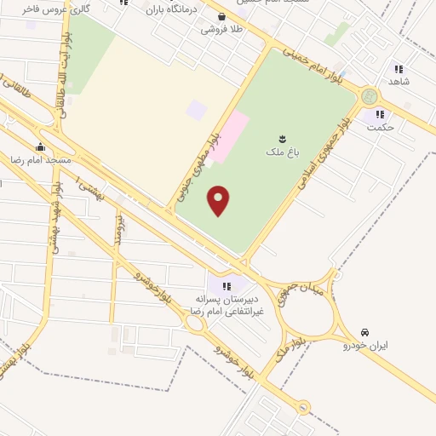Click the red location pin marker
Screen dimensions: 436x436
[x=219, y=200]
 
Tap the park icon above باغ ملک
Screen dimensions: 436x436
[x=283, y=139]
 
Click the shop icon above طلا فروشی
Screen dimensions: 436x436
[x=221, y=15]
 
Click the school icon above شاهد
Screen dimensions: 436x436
[x=399, y=69]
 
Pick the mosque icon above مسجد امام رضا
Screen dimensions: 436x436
[x=40, y=146]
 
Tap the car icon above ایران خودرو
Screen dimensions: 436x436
[x=365, y=332]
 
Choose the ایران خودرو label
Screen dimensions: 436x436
[x=365, y=346]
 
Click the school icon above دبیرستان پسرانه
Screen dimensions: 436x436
[x=227, y=285]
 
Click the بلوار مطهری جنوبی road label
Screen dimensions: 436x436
[x=198, y=166]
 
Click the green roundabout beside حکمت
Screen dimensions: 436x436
[x=369, y=96]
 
